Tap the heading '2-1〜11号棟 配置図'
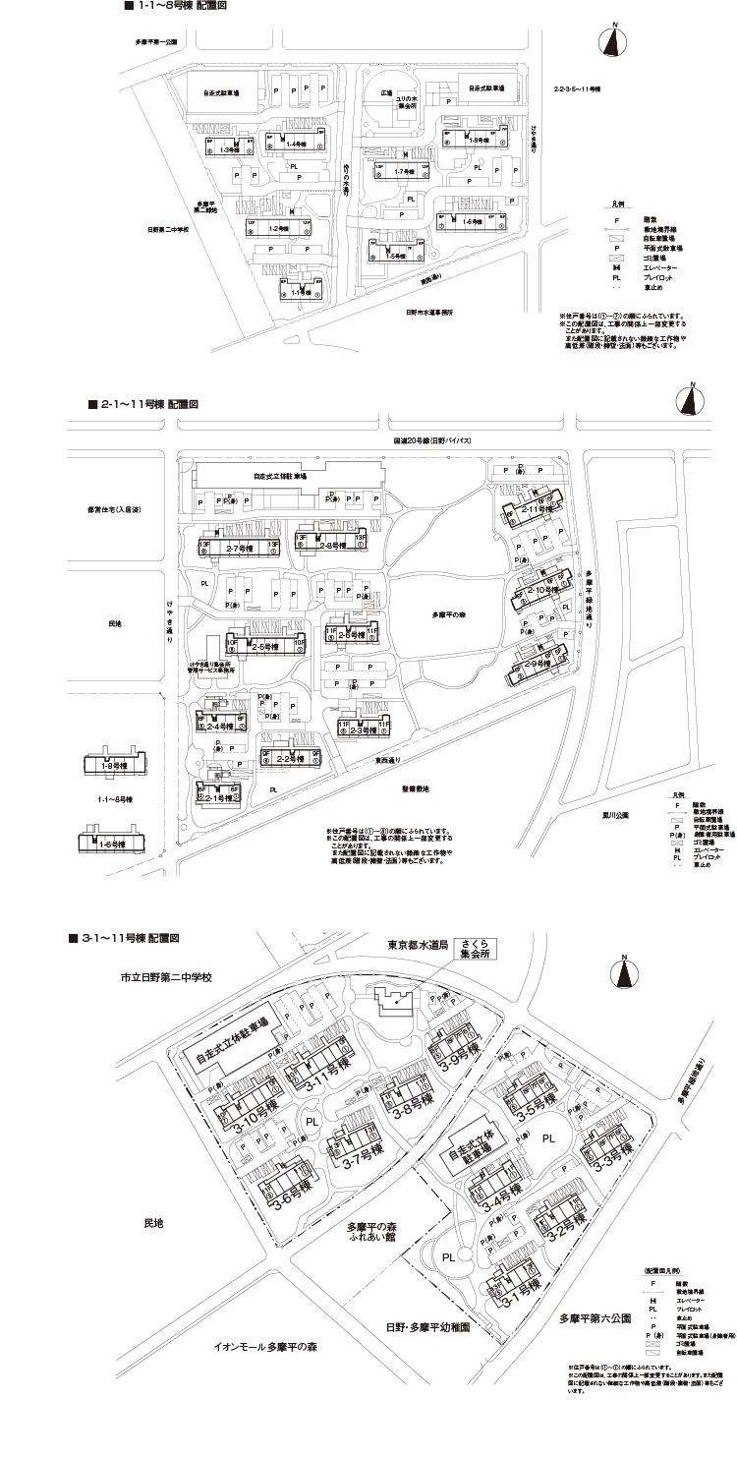click(x=143, y=404)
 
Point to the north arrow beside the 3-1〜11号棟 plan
click(x=626, y=972)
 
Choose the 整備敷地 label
click(x=414, y=789)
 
